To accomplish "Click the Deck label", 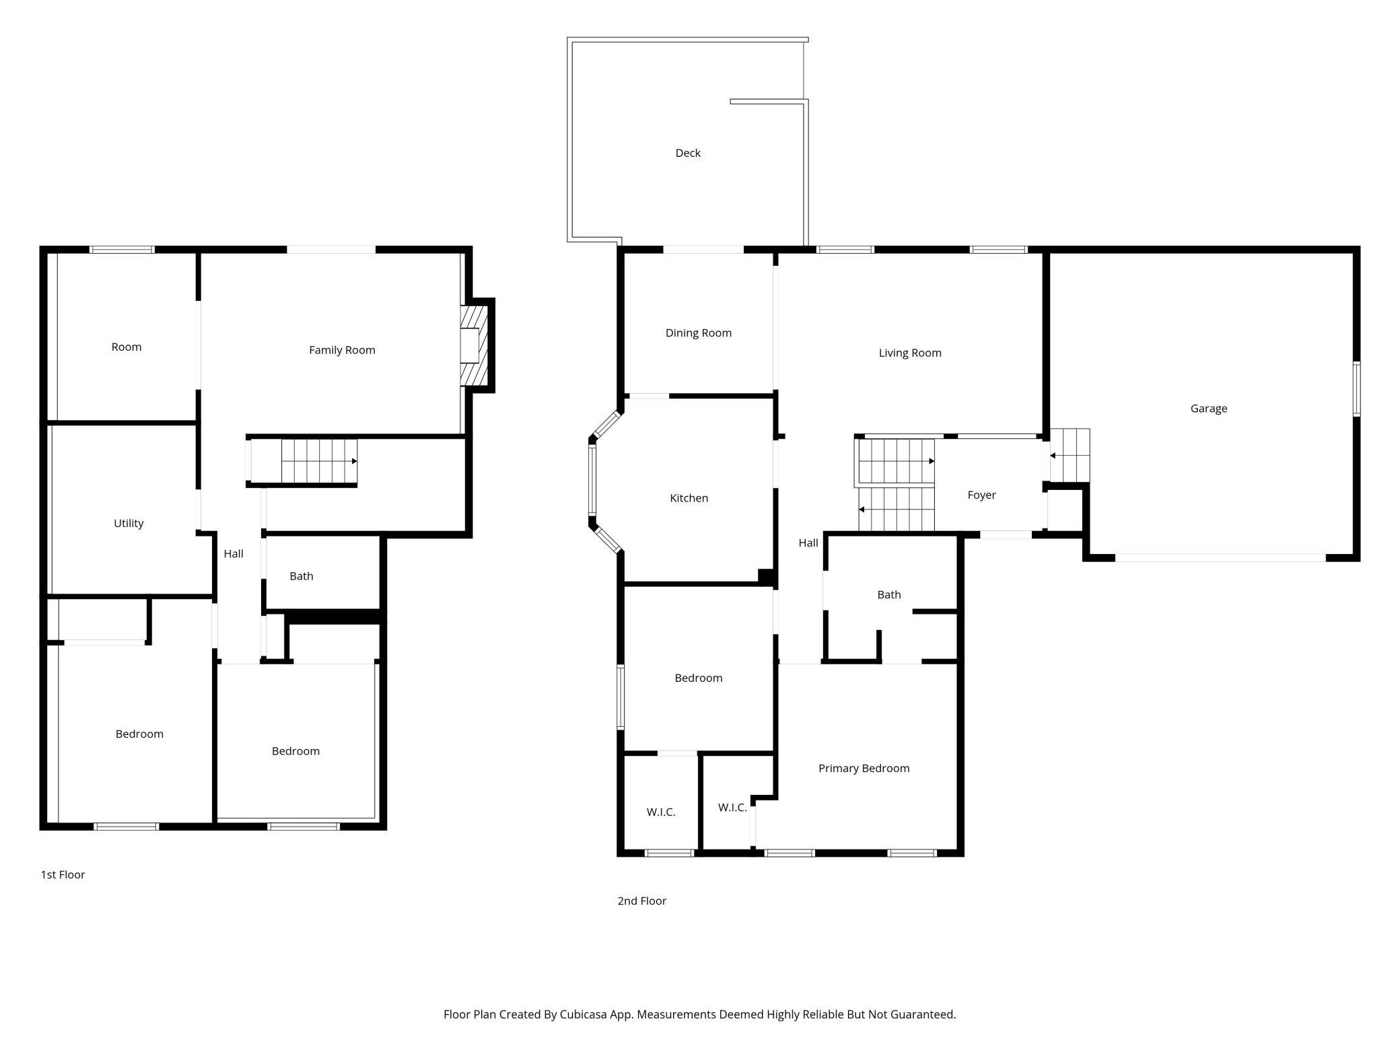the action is [688, 153].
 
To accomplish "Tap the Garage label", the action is [1209, 409].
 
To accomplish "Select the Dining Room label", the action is [699, 333].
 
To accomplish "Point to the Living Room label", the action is [910, 353].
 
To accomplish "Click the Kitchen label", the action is [689, 498].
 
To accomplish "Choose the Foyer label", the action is [981, 495].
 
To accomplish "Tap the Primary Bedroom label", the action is [864, 769].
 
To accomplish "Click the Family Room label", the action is [342, 350].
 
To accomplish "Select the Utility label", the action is [129, 524].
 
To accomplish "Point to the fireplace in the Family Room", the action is [477, 345].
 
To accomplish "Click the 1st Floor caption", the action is [63, 875].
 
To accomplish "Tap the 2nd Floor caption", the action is [642, 901].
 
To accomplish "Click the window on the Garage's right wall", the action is [1357, 389].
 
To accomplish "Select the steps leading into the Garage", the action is [1070, 456].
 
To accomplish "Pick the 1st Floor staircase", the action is [319, 462].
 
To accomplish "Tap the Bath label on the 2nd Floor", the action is [889, 595].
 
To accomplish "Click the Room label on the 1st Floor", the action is [127, 347].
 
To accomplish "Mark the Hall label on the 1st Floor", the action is [234, 554].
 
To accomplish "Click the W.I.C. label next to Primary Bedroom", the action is [732, 808].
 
